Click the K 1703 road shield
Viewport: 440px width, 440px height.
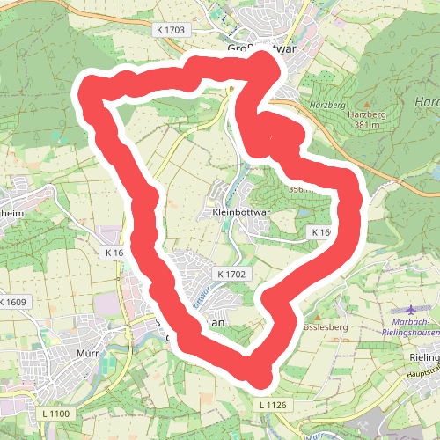[170, 30]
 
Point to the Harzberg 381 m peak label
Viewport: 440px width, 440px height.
[367, 120]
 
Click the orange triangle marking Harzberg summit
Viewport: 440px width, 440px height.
[367, 103]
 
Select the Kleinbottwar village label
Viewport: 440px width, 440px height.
[238, 212]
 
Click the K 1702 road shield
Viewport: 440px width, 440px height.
[232, 275]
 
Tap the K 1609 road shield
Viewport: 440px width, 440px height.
[13, 303]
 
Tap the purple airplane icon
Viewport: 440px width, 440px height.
[414, 311]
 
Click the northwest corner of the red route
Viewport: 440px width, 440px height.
[90, 90]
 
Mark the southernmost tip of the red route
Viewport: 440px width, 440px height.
[259, 377]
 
